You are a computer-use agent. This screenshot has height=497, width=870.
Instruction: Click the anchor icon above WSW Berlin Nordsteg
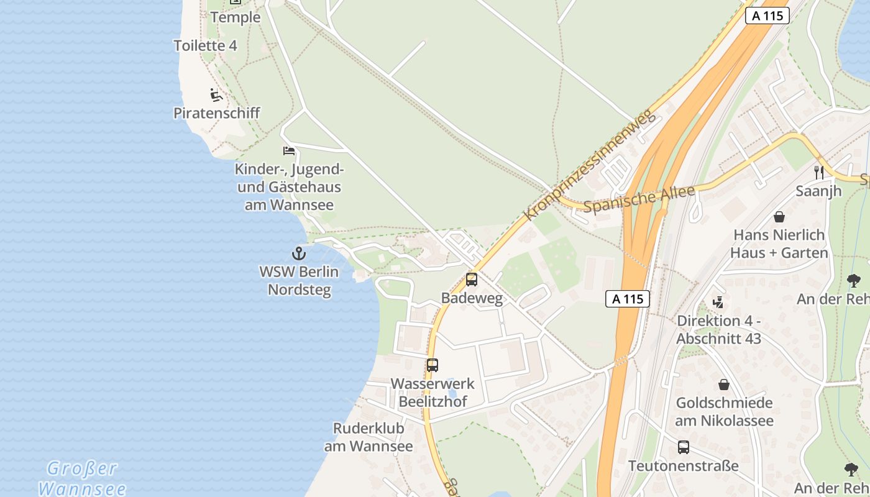pos(299,253)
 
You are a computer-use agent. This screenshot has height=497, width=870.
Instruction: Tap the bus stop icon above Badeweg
pos(472,280)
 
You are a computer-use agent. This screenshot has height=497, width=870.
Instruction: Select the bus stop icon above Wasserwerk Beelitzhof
pos(433,365)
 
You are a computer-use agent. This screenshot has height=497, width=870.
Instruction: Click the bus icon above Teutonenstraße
pos(684,447)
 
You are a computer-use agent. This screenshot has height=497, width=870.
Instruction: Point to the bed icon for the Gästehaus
pos(289,150)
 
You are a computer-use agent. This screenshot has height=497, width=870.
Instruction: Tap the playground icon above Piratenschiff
pos(216,95)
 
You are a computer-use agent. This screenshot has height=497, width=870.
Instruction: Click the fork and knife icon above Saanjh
pos(819,172)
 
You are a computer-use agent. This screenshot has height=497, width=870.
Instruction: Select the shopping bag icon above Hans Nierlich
pos(779,217)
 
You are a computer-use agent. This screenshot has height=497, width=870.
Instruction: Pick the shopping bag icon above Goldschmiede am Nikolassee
pos(724,385)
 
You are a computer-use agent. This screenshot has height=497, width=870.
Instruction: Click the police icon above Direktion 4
pos(718,303)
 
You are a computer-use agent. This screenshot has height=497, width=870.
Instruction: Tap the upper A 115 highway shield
pos(767,16)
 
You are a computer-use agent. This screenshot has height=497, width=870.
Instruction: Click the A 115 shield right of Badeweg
pos(628,299)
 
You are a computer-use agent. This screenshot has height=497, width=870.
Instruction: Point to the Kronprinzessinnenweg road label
pos(590,165)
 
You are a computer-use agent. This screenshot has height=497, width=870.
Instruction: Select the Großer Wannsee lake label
pos(83,478)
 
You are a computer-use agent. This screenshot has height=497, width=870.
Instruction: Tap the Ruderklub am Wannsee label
pos(369,437)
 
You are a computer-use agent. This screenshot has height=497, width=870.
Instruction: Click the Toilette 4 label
pos(205,45)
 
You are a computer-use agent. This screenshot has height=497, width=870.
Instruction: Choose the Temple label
pos(236,17)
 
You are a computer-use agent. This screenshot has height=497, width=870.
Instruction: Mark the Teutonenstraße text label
pos(683,466)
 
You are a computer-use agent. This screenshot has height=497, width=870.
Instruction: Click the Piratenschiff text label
pos(216,113)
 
